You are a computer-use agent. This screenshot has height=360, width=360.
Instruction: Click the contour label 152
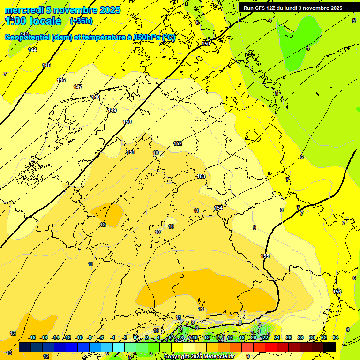point(178,143)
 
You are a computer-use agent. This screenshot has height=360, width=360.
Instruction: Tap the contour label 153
point(201,176)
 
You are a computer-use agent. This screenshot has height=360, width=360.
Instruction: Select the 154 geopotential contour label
point(218,208)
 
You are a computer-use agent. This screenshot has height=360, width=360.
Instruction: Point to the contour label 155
point(265,256)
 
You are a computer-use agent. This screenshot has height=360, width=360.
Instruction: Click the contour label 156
point(337,292)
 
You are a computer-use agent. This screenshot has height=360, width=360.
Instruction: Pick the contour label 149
point(112,110)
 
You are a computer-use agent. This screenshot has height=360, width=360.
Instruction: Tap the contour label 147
point(78,87)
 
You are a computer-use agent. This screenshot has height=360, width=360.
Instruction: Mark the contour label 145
point(46,65)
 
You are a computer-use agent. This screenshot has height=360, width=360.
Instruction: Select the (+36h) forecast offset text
point(81,21)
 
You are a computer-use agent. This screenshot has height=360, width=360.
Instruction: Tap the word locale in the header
point(45,21)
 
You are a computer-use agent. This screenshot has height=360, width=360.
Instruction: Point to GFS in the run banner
point(261,8)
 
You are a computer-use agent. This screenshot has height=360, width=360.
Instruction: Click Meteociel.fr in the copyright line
point(217,357)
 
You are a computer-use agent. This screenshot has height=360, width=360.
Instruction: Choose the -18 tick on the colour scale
point(32,338)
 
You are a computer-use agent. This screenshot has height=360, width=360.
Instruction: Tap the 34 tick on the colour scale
point(336,338)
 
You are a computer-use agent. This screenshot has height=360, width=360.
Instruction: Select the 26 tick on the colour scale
point(288,338)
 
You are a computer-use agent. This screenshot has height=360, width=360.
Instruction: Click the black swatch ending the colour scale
point(330,347)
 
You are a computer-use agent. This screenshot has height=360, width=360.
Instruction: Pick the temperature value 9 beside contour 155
point(255,228)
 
